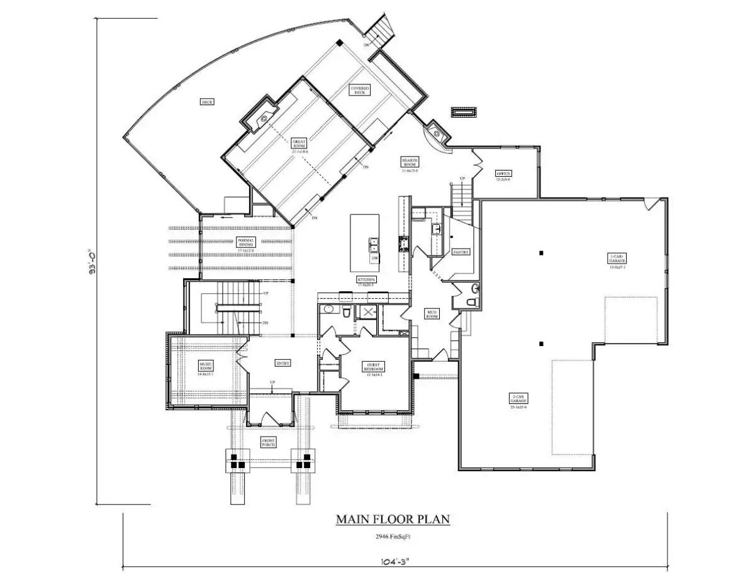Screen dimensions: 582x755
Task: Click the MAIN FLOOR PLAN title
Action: (393, 520)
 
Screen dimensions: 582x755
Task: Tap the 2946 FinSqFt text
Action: (393, 537)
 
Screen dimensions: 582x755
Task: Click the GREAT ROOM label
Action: (298, 144)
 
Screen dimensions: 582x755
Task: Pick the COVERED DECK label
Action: (360, 90)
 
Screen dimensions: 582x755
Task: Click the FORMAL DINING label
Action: (245, 242)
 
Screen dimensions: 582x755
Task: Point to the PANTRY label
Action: (461, 252)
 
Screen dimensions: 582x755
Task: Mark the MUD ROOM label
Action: (432, 314)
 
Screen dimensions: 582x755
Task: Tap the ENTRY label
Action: (282, 363)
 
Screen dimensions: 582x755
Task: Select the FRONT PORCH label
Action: (269, 442)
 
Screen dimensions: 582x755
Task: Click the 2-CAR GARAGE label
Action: (518, 398)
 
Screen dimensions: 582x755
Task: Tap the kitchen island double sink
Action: (373, 244)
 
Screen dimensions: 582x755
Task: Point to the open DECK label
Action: (206, 102)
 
